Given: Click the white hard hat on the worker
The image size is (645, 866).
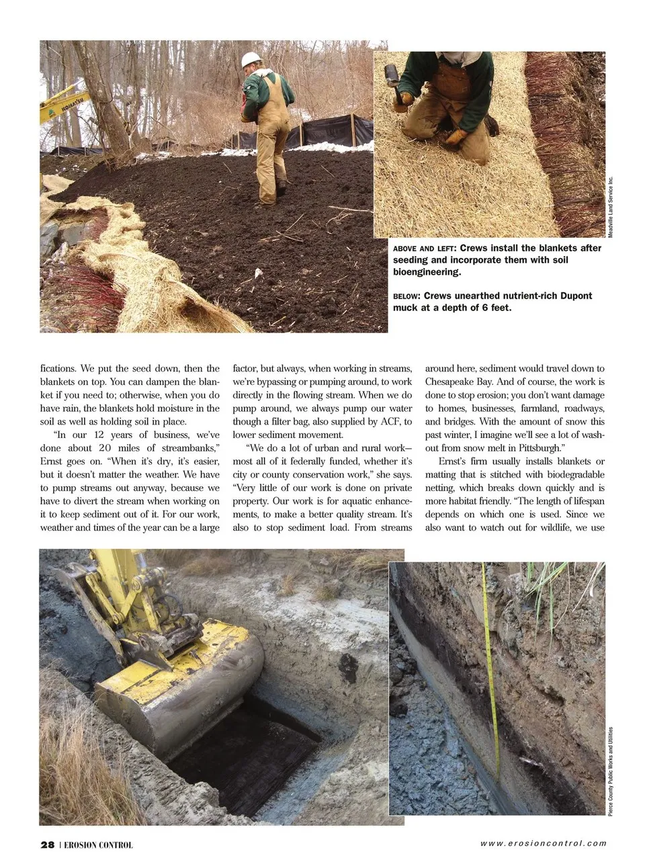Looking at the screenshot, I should click(251, 59).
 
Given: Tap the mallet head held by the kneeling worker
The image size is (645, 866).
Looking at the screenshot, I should click(391, 74).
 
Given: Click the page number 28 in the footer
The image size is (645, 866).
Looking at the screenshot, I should click(47, 845).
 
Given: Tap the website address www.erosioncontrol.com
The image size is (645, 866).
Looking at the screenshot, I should click(543, 843).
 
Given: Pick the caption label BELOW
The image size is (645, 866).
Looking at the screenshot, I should click(406, 296).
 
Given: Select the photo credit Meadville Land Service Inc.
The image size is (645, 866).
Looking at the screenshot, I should click(611, 206).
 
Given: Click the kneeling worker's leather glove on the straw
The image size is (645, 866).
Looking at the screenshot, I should click(455, 137).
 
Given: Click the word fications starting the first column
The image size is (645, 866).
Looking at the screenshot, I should click(58, 368).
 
